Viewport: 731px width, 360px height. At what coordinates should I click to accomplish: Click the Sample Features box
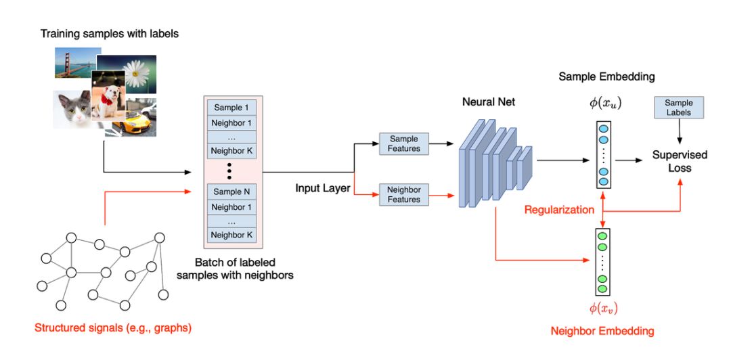point(404,143)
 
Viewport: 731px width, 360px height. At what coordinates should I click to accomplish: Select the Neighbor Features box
point(404,194)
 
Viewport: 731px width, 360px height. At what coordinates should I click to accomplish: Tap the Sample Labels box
point(679,108)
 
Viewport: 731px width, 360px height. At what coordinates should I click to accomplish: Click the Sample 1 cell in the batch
point(232,108)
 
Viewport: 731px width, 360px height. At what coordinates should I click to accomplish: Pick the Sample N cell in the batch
point(232,192)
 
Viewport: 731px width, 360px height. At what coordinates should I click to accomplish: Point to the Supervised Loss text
point(680,161)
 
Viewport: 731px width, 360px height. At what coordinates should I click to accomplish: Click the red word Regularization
point(558,210)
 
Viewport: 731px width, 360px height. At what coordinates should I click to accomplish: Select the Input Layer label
point(323,188)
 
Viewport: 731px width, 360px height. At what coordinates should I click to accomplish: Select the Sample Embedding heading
point(606,76)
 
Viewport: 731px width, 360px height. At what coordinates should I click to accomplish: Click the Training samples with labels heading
point(110,33)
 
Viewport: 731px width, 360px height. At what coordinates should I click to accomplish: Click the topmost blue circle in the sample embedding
point(602,129)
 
